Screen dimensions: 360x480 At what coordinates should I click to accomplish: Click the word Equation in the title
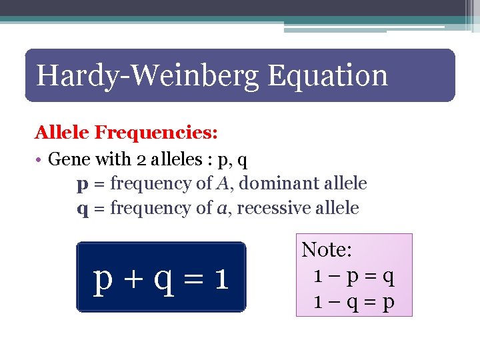pyautogui.click(x=327, y=76)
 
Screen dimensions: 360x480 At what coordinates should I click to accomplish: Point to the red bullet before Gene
pyautogui.click(x=40, y=160)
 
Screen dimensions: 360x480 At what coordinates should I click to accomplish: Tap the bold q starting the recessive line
pyautogui.click(x=81, y=209)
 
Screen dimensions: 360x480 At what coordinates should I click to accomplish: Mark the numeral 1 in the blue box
pyautogui.click(x=222, y=278)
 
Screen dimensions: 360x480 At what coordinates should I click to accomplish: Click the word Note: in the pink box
pyautogui.click(x=327, y=250)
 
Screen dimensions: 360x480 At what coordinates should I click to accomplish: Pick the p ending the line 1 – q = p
pyautogui.click(x=389, y=304)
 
